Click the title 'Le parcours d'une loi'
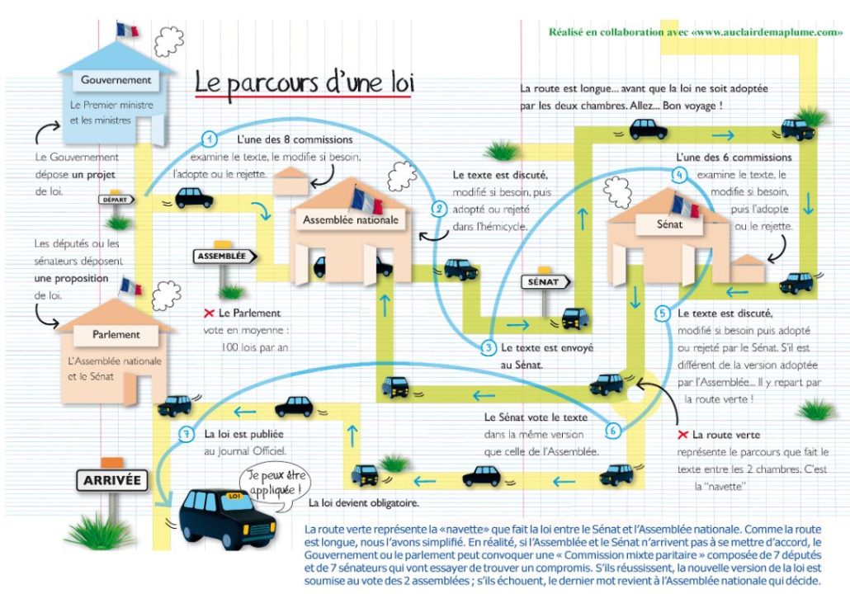(x=303, y=83)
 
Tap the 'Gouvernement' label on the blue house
(x=116, y=80)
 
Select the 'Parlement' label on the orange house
(x=116, y=335)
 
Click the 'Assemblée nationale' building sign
(x=351, y=220)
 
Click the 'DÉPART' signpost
(x=116, y=199)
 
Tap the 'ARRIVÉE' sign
(x=111, y=479)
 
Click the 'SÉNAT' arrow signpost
(x=543, y=281)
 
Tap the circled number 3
(x=489, y=348)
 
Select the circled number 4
(x=678, y=174)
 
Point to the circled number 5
(x=663, y=313)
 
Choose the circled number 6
(x=612, y=429)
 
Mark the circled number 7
(x=187, y=432)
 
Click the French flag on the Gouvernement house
(x=128, y=30)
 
